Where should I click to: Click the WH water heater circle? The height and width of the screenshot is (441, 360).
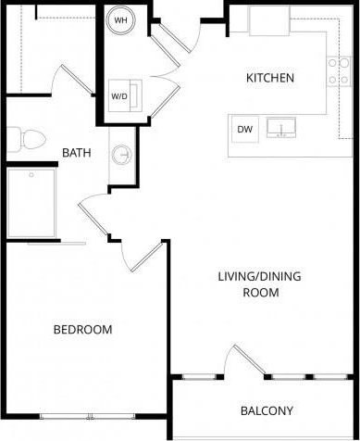(120, 19)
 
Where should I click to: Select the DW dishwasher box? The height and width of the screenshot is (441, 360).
(244, 129)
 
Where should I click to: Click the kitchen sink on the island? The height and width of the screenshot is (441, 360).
(280, 128)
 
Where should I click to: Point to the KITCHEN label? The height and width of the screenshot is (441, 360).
(269, 78)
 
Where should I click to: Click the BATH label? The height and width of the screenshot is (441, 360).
(75, 152)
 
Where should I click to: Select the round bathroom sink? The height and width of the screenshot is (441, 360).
(121, 155)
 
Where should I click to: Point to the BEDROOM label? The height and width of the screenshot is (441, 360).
(82, 330)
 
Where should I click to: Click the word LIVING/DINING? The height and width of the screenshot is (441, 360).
(259, 276)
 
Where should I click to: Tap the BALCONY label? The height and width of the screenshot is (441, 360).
(267, 410)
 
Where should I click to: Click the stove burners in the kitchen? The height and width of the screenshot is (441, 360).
(336, 71)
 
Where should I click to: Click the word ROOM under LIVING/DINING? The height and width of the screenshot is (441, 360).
(259, 293)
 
